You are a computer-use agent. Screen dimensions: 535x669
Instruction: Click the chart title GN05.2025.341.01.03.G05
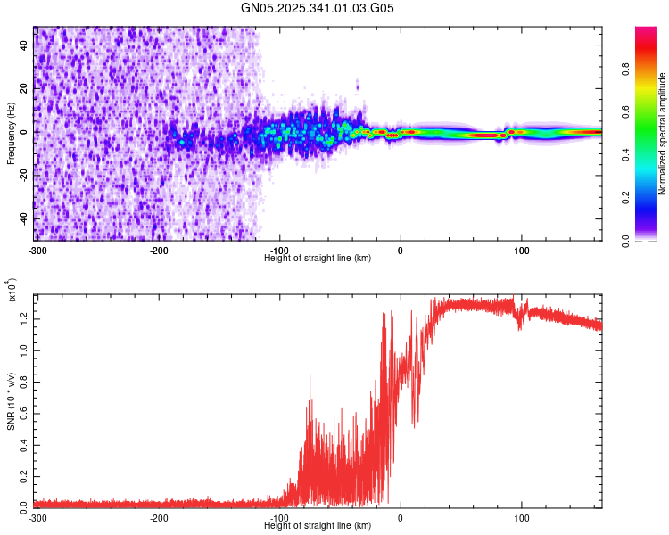(x=318, y=9)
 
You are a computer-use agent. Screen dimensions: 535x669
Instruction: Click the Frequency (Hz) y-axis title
(x=11, y=134)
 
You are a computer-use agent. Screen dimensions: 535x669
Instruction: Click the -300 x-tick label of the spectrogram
(x=37, y=249)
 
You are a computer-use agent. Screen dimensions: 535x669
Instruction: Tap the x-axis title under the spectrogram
(x=318, y=258)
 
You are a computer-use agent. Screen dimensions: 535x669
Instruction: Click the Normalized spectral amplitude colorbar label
(x=663, y=134)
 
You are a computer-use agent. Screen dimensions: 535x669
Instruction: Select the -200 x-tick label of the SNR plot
(x=159, y=517)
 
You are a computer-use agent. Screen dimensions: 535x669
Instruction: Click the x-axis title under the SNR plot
(x=318, y=526)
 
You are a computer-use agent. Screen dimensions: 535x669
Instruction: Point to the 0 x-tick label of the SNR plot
(x=400, y=517)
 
